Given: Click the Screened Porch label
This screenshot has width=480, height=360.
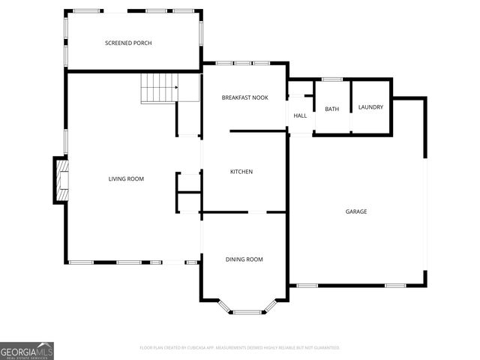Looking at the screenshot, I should pos(128,43).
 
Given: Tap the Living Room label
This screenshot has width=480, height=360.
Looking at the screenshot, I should pos(126,179).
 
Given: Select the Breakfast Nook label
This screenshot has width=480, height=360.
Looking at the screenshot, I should pos(244,98).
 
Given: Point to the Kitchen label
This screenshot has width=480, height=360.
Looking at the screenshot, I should pos(241,172).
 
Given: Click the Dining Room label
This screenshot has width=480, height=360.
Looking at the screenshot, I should pos(244,259).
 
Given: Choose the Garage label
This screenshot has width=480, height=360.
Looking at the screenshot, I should pos(356,211).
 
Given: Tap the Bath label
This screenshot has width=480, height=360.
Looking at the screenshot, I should pos(331,109).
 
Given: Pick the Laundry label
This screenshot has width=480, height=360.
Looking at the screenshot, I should pos(370,107).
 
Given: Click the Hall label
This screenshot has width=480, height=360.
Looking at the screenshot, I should pos(300,115).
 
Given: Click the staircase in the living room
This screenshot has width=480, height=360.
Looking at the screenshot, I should pos(159,88).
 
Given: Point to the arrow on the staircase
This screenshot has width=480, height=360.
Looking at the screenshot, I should pos(176,88).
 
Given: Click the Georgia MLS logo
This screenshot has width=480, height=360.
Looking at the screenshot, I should pos(27,350).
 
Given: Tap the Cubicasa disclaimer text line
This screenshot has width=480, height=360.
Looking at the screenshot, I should pos(240,348).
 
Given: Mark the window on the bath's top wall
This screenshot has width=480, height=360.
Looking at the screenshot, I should pos(331,79).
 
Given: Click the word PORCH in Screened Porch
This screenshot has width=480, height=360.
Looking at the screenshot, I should pos(142,43).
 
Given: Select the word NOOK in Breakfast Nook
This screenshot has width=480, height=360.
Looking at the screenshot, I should pos(259,98).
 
